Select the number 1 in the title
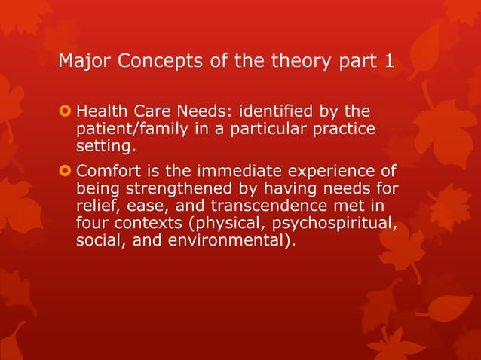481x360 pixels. point(388,60)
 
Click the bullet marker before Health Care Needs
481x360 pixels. point(65,114)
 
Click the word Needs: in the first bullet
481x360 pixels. point(205,114)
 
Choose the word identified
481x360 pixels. point(274,114)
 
